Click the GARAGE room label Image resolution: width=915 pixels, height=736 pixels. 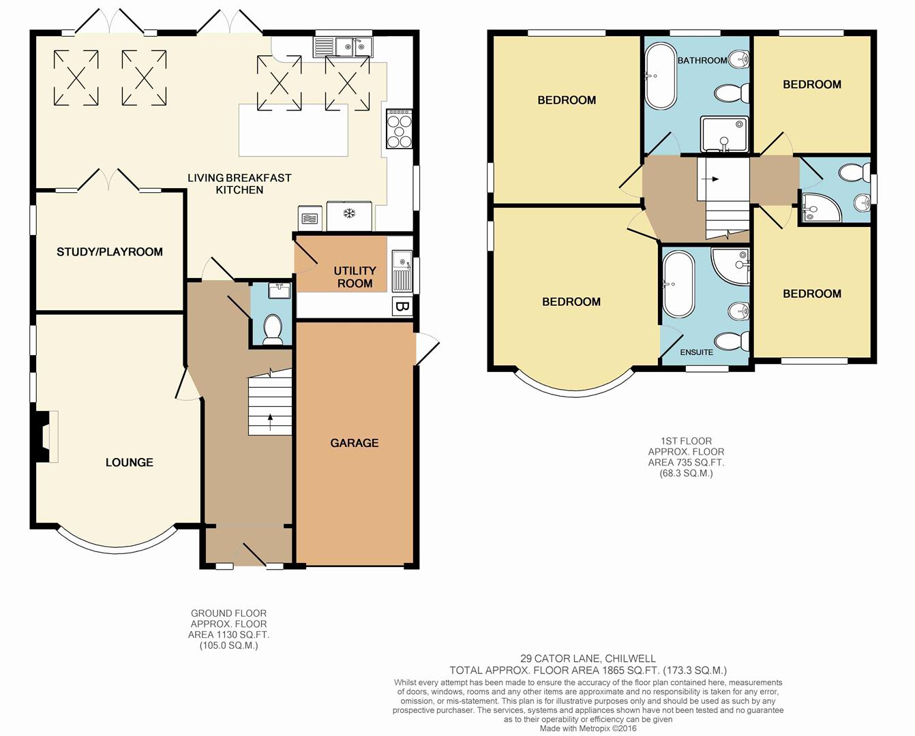click(354, 443)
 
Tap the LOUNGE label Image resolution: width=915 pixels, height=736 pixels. click(130, 462)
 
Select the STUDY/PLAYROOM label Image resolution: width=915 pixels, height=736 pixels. click(110, 252)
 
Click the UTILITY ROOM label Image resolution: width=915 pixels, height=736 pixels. click(355, 277)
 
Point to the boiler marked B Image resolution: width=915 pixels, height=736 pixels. click(402, 307)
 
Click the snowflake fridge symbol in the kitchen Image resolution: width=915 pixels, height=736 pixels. click(349, 213)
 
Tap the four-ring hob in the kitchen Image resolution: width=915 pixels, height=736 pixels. click(400, 129)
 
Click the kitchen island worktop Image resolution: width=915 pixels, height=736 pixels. click(293, 130)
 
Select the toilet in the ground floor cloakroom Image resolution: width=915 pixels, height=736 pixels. click(273, 329)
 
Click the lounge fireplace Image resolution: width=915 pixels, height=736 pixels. click(44, 436)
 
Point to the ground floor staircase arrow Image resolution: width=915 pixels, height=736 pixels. click(270, 423)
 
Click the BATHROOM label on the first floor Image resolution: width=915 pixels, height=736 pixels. click(702, 61)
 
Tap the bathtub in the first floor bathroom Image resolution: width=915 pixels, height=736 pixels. click(660, 76)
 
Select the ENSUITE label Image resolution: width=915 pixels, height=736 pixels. click(696, 352)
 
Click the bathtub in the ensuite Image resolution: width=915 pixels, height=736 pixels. click(679, 283)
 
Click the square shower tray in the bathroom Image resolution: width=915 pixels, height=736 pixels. click(724, 134)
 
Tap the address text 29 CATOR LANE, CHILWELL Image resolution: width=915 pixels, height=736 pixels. click(588, 659)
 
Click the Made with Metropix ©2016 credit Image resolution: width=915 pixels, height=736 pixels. click(588, 729)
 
